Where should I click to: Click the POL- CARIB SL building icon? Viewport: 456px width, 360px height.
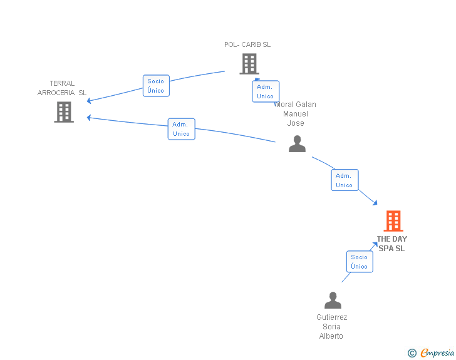[x=249, y=63]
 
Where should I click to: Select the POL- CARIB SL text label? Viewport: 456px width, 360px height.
[x=247, y=44]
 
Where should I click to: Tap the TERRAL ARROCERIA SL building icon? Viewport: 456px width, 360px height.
[x=64, y=112]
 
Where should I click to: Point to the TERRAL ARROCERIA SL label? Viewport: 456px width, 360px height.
[x=62, y=88]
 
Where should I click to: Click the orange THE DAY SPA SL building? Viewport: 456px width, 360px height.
[x=393, y=220]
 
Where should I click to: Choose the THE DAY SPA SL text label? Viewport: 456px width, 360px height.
[x=391, y=244]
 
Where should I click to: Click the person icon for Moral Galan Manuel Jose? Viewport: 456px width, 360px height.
[x=297, y=144]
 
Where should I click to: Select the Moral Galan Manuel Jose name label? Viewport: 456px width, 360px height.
[x=296, y=114]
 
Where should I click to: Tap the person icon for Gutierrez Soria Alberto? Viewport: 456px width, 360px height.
[x=333, y=300]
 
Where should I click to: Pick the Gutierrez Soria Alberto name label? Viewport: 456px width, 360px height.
[x=331, y=327]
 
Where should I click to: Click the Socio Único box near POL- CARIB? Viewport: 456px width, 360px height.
[x=156, y=86]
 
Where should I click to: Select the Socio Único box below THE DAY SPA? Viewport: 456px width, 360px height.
[x=360, y=262]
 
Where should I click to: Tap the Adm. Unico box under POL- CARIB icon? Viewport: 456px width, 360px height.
[x=266, y=91]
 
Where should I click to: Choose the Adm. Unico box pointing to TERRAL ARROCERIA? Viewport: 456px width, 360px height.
[x=181, y=129]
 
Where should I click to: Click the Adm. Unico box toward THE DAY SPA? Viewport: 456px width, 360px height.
[x=345, y=180]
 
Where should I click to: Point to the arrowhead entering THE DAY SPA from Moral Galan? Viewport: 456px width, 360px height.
[x=375, y=202]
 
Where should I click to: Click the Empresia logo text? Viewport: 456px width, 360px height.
[x=437, y=353]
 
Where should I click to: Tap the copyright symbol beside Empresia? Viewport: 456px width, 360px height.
[x=412, y=353]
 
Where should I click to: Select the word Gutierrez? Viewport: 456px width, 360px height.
[x=331, y=317]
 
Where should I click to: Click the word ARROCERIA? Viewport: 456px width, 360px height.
[x=56, y=93]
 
